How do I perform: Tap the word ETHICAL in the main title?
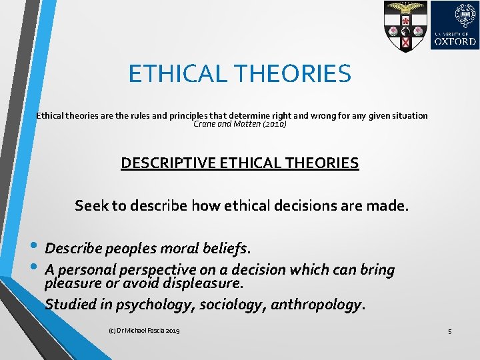(174, 73)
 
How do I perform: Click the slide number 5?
(450, 331)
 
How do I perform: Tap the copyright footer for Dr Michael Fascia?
(143, 331)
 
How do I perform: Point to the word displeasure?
(203, 284)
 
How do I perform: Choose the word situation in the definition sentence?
(405, 115)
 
